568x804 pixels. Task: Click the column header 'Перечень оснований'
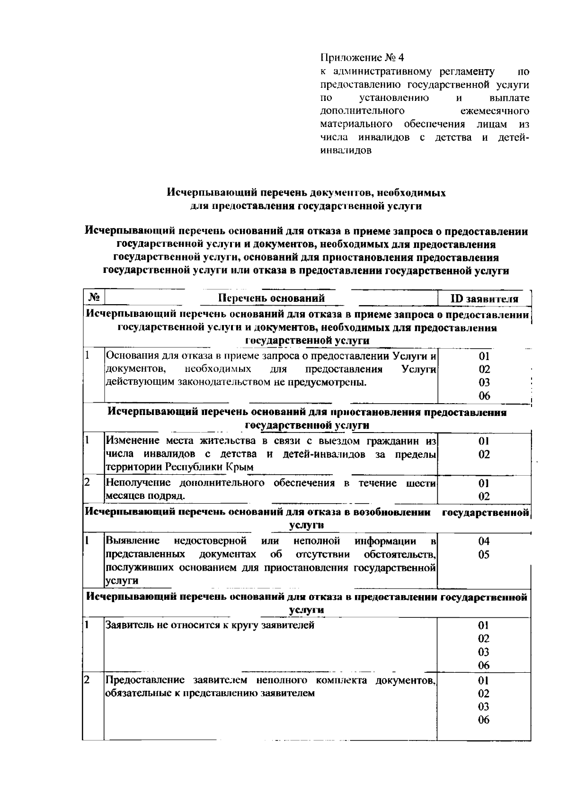click(271, 298)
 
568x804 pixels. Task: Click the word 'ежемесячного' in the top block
click(494, 111)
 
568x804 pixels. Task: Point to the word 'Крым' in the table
click(241, 467)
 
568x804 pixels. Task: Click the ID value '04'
click(483, 542)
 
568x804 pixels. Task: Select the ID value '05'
click(483, 555)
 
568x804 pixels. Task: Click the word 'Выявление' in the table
click(133, 541)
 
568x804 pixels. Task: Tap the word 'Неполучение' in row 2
click(138, 483)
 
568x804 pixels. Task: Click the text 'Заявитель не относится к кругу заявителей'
click(210, 625)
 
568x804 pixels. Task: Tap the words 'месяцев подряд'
click(145, 496)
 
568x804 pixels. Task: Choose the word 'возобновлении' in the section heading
click(395, 512)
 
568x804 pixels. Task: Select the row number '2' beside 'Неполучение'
click(87, 483)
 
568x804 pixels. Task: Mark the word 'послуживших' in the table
click(134, 568)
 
